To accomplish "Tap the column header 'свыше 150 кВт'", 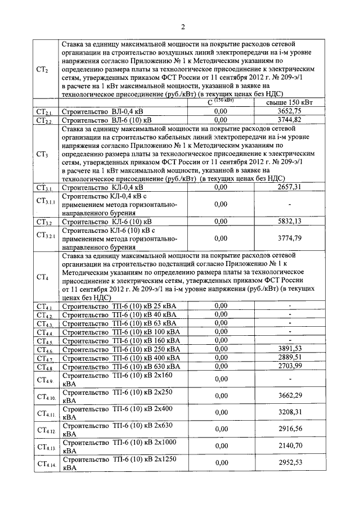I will [290, 103].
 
